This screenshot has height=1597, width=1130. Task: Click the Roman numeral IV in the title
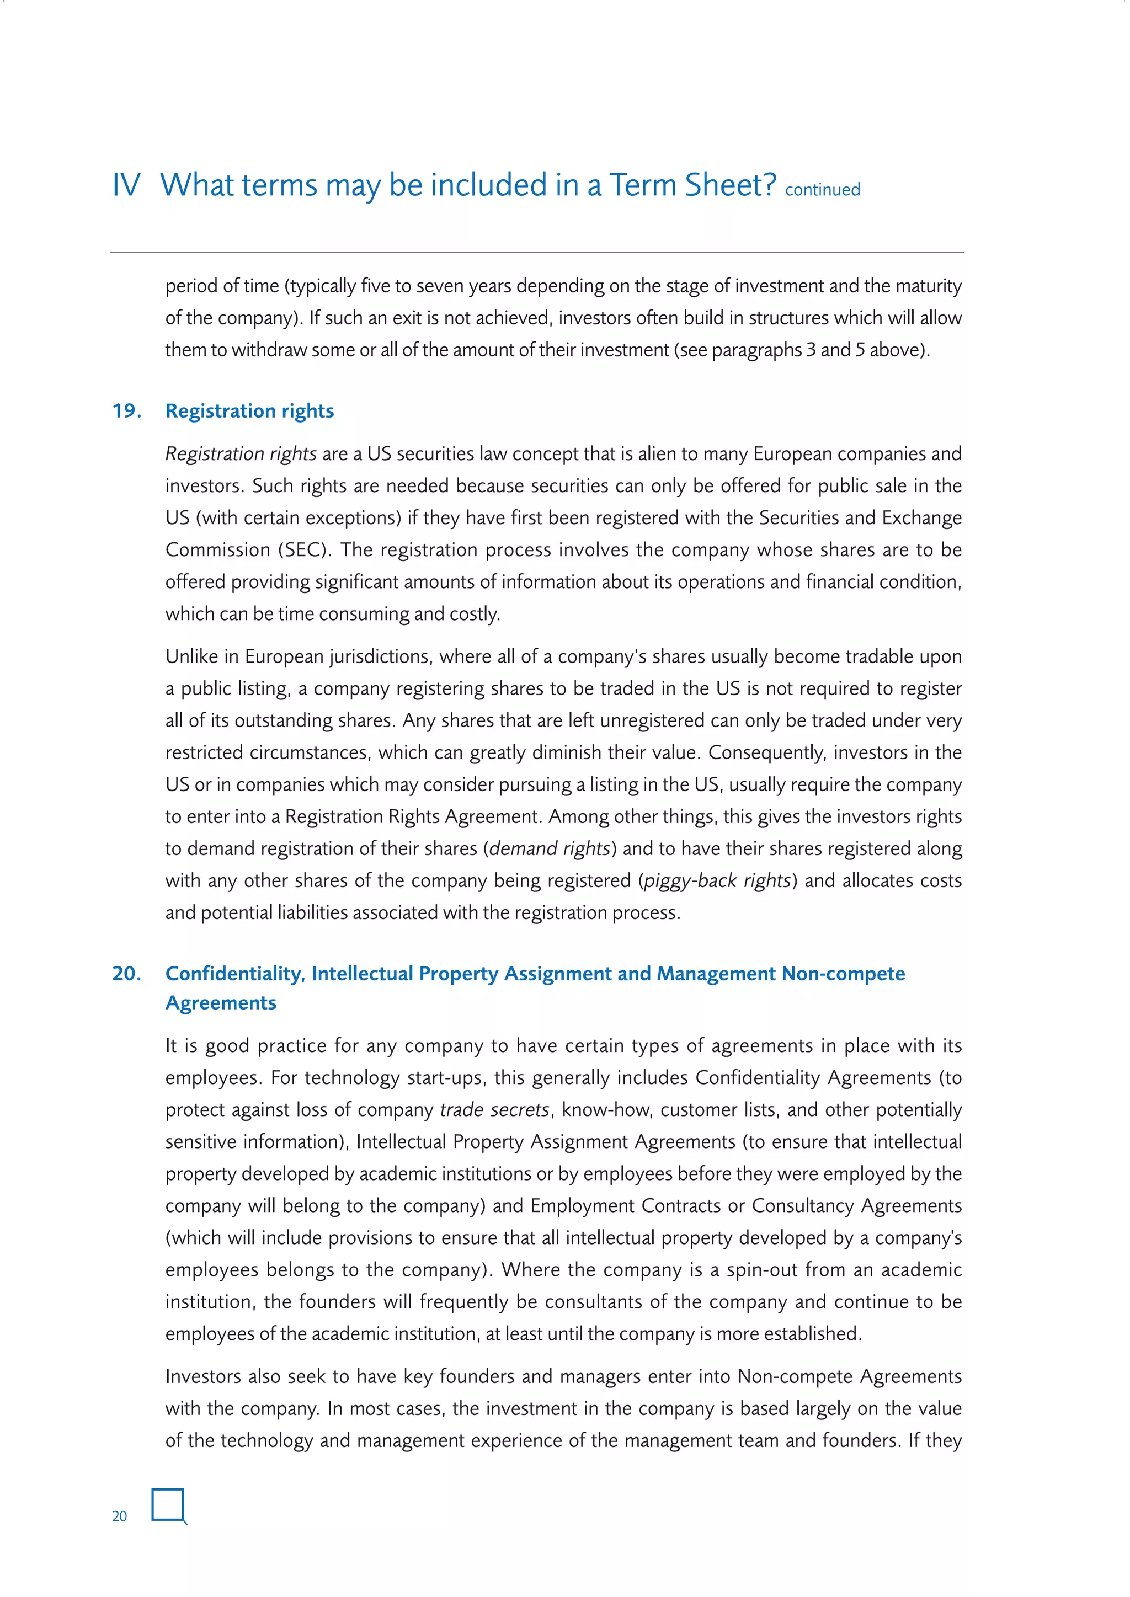pyautogui.click(x=126, y=186)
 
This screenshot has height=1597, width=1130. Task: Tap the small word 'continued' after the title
pyautogui.click(x=823, y=190)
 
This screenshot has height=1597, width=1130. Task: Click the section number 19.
pyautogui.click(x=127, y=411)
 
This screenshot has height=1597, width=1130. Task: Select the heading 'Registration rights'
pyautogui.click(x=249, y=411)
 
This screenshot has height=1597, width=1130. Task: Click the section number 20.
pyautogui.click(x=127, y=973)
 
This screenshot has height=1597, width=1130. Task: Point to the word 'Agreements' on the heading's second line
pyautogui.click(x=221, y=1003)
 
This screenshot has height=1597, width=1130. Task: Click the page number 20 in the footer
pyautogui.click(x=119, y=1516)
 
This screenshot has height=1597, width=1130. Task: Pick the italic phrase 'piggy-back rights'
pyautogui.click(x=717, y=880)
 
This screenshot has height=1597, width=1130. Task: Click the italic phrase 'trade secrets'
pyautogui.click(x=495, y=1109)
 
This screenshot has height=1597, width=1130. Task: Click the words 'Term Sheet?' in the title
pyautogui.click(x=692, y=186)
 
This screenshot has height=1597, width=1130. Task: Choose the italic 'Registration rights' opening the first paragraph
pyautogui.click(x=241, y=454)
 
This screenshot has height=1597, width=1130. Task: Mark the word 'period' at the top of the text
pyautogui.click(x=187, y=286)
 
